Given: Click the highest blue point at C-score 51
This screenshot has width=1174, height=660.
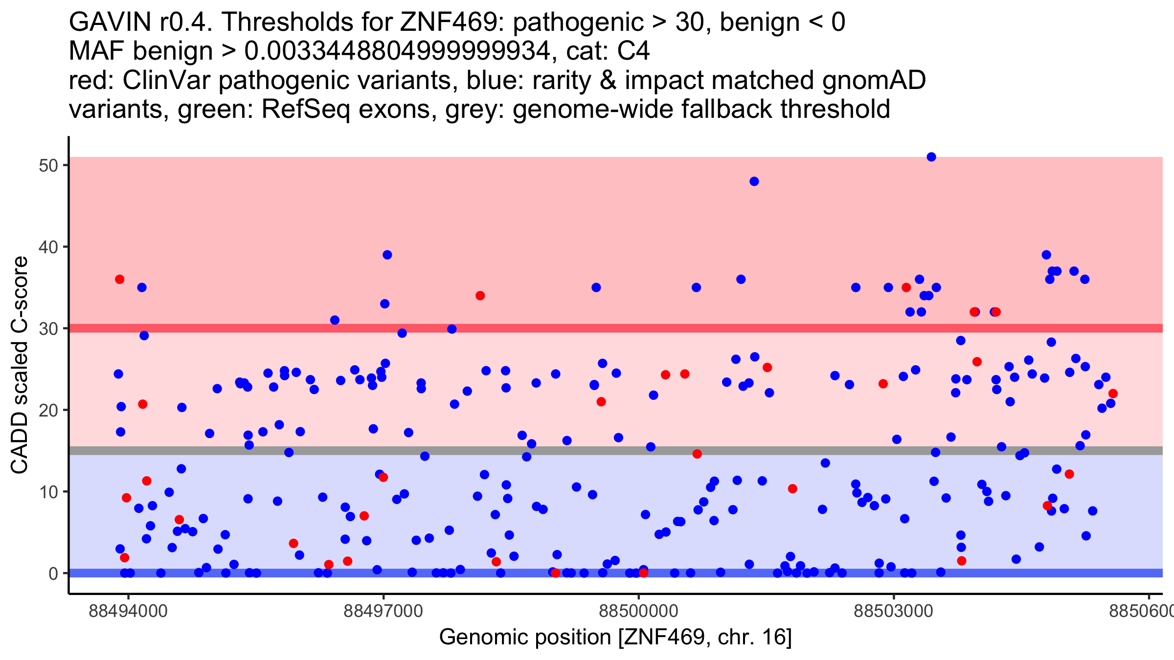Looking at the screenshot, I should coord(931,157).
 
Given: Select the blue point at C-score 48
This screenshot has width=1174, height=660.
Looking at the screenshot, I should coord(754,181).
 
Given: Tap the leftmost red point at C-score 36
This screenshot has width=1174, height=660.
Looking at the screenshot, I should coord(119,279).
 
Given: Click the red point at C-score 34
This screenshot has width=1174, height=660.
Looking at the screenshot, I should coord(480,296).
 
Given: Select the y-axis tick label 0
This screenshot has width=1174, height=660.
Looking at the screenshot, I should coord(53,573).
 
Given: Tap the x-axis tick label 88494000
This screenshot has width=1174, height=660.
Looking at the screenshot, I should coord(128,612).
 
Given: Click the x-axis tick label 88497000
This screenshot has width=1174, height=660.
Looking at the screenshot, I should coord(383,612).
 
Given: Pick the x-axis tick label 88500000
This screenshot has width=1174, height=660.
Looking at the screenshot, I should coord(638,612).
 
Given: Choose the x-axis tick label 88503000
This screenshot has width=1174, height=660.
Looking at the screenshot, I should coord(893,612).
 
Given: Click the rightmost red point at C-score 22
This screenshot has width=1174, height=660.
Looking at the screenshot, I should coord(1113,394).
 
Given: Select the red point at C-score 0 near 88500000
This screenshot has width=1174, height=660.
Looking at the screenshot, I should coord(644,573).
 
